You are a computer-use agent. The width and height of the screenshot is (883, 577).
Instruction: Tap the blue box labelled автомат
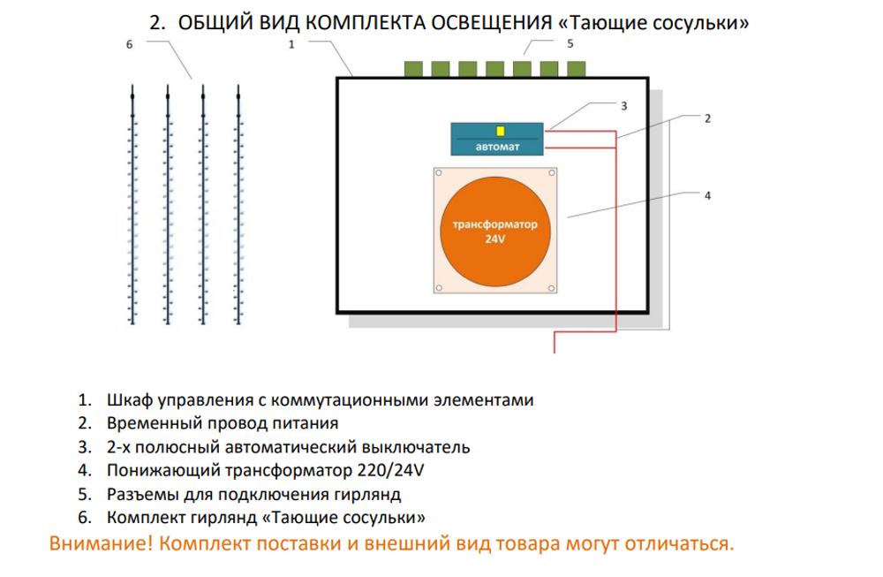tap(497, 140)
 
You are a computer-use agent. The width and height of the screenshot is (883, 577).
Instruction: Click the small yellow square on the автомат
tap(501, 131)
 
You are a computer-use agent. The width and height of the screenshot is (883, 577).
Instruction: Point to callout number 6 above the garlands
tap(129, 43)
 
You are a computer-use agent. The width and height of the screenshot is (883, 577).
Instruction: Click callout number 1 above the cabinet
tap(291, 43)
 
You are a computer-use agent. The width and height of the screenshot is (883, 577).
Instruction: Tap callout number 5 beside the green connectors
tap(570, 42)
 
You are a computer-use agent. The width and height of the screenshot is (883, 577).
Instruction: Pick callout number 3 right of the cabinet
tap(623, 105)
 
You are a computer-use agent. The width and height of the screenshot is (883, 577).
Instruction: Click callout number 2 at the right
tap(707, 118)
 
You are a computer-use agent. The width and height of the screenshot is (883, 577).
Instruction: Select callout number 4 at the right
tap(707, 195)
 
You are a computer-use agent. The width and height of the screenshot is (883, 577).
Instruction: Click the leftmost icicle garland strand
tap(132, 203)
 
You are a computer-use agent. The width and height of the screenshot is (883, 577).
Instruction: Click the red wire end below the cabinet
tap(555, 346)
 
